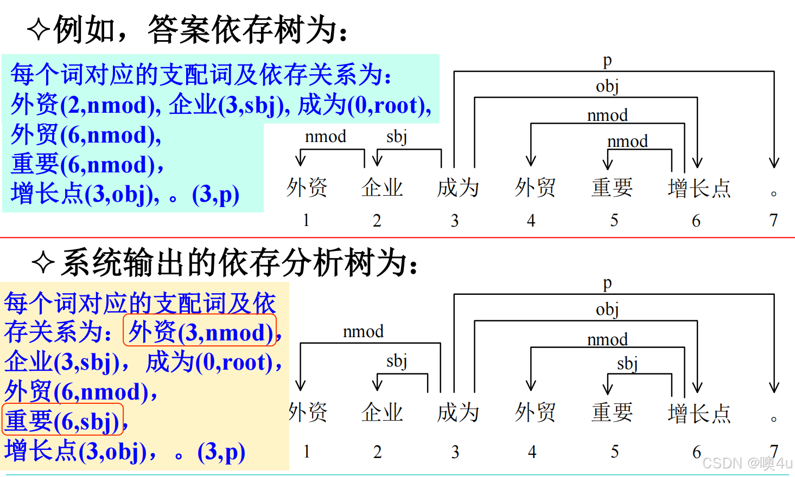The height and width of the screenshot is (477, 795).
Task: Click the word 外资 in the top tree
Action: click(x=307, y=188)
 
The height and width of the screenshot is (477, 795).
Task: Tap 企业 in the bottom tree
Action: click(x=382, y=412)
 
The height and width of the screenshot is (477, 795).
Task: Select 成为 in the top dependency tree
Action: click(x=458, y=188)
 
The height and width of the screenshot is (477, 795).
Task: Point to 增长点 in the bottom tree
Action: click(x=699, y=413)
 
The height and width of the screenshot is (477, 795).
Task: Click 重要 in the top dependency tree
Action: click(x=612, y=188)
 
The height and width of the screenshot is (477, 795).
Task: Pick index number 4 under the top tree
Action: click(x=531, y=220)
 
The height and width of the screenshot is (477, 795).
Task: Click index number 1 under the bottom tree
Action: click(x=307, y=452)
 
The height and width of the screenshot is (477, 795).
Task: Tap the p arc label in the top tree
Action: click(x=607, y=60)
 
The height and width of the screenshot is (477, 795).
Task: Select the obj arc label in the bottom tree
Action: click(x=607, y=310)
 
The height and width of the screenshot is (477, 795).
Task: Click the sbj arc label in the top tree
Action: click(x=397, y=137)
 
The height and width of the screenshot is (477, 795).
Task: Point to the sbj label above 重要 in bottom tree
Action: click(x=627, y=363)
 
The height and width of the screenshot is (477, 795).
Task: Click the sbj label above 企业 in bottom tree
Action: click(x=397, y=360)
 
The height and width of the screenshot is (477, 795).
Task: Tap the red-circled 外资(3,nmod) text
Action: click(x=200, y=332)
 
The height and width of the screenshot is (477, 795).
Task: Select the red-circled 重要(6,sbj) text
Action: click(x=62, y=421)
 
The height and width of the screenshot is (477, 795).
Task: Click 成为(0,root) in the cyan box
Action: click(x=365, y=105)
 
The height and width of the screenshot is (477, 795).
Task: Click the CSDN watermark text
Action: click(x=747, y=463)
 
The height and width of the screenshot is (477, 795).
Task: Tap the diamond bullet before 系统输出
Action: click(x=43, y=263)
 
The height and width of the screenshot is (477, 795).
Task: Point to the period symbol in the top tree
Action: click(x=774, y=194)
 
